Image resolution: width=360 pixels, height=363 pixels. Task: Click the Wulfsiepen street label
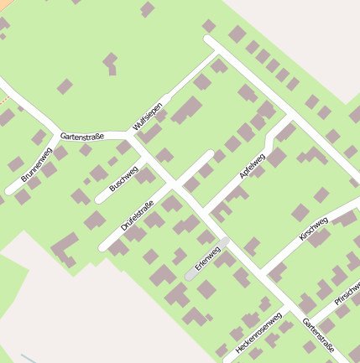coord(146,116)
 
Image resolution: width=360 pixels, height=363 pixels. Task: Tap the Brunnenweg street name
coord(36,164)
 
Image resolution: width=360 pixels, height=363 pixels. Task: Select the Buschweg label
coord(123,178)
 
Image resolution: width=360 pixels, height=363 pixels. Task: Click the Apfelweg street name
coord(252,164)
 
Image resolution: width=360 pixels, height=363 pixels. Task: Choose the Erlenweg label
coord(206,257)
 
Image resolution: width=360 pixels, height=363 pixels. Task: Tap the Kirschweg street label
coord(313,228)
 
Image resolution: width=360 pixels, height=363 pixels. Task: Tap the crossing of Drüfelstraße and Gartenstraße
coord(173,183)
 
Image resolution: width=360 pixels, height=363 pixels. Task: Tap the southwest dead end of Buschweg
coord(100,200)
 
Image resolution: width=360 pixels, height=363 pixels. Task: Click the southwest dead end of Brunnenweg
coord(10,190)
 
